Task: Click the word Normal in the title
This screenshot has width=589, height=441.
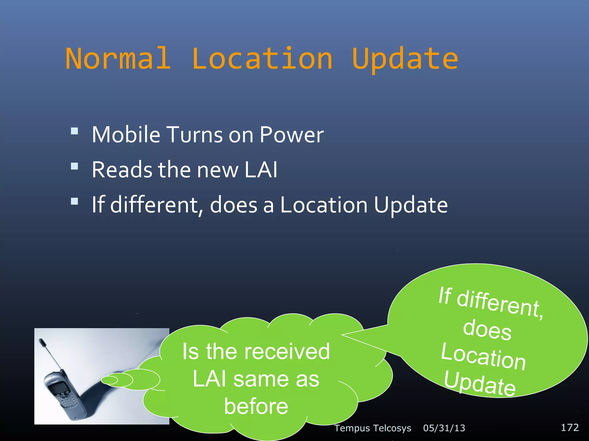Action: [x=118, y=59]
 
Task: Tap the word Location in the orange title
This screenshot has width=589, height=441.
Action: [x=262, y=59]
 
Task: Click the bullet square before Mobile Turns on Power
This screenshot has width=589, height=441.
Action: [x=74, y=131]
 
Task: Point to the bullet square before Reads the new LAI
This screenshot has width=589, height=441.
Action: [x=74, y=166]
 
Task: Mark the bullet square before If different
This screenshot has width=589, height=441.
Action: [x=74, y=201]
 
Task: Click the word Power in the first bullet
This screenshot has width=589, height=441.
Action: [x=291, y=135]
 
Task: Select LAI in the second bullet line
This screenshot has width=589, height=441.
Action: [x=261, y=170]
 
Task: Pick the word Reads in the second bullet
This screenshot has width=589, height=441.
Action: [x=122, y=170]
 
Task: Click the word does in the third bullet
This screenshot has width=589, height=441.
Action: [x=234, y=205]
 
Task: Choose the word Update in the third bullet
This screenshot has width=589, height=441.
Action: [x=411, y=206]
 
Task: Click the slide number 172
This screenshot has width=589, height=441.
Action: [x=569, y=428]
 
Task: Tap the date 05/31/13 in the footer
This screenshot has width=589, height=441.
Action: [x=444, y=428]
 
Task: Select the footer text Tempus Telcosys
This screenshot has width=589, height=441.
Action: [x=372, y=428]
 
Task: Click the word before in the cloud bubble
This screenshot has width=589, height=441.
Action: [x=256, y=406]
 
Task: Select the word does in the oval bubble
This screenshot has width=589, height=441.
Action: [x=487, y=330]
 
